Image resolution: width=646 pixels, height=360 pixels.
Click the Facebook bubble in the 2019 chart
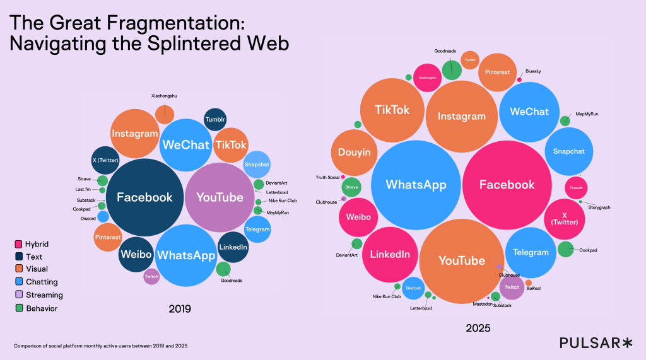pos(144,197)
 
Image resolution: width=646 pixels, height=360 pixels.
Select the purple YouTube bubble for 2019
pos(220,197)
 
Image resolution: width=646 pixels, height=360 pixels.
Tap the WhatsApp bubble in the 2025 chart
pos(416,185)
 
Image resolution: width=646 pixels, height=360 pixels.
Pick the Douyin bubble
pos(354,153)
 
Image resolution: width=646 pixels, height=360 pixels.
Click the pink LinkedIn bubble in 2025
pos(389,254)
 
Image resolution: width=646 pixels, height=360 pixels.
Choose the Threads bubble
pos(575,188)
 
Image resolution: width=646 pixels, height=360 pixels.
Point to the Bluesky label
pos(533,72)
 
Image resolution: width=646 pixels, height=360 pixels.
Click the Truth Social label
pos(327,177)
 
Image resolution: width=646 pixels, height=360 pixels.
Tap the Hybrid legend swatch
pos(19,244)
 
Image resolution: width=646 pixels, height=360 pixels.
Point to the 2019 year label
pos(180,310)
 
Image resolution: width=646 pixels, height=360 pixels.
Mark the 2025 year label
pos(478,328)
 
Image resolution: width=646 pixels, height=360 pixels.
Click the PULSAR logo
pos(596,342)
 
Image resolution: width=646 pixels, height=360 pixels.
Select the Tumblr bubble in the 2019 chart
pos(215,120)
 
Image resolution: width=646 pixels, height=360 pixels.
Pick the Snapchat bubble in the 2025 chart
pos(568,151)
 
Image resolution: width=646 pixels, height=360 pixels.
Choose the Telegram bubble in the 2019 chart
pos(257,229)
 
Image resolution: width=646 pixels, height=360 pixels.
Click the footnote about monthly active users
pos(100,346)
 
